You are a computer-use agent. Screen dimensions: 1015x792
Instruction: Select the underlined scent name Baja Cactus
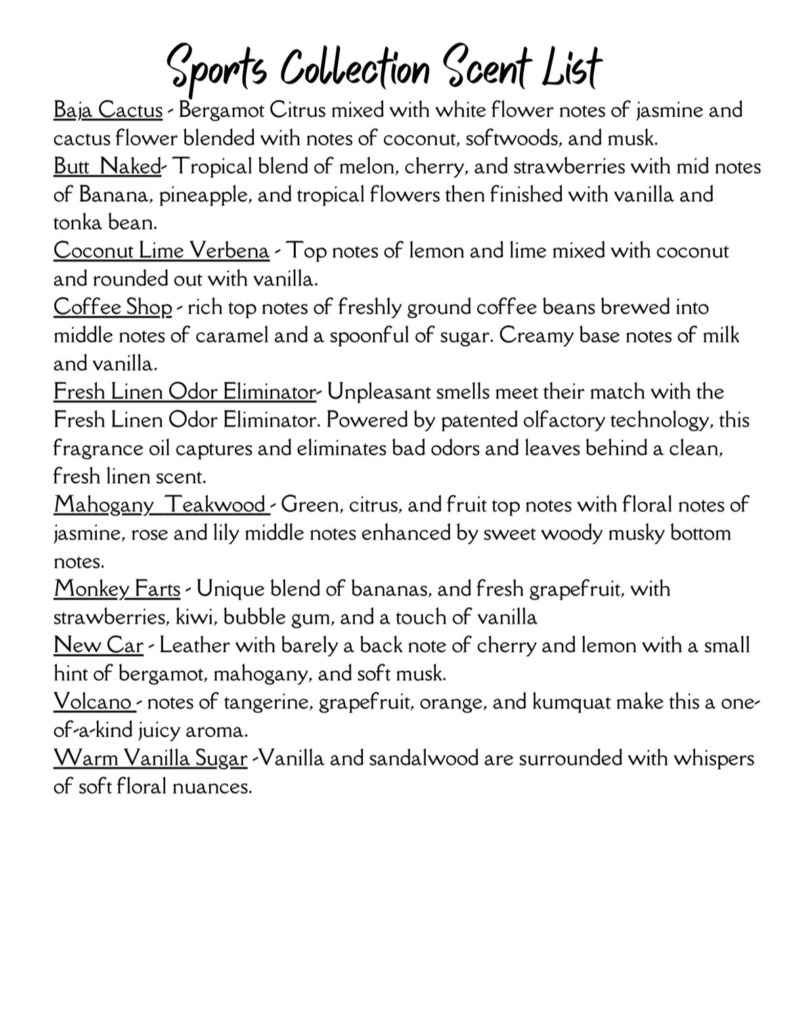pyautogui.click(x=108, y=110)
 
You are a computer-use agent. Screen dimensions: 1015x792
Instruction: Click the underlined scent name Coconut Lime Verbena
pyautogui.click(x=161, y=251)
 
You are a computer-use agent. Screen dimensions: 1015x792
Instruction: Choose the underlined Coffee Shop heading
pyautogui.click(x=113, y=307)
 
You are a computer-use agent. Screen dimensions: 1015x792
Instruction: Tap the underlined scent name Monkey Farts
pyautogui.click(x=117, y=588)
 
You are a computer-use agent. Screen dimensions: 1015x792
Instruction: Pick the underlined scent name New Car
pyautogui.click(x=98, y=645)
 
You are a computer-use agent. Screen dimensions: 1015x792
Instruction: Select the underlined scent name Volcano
pyautogui.click(x=93, y=701)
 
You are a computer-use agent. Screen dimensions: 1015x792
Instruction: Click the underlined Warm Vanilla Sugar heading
pyautogui.click(x=150, y=758)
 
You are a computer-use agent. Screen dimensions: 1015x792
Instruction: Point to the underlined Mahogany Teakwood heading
pyautogui.click(x=160, y=505)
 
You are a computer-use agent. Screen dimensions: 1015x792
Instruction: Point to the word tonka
pyautogui.click(x=76, y=222)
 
